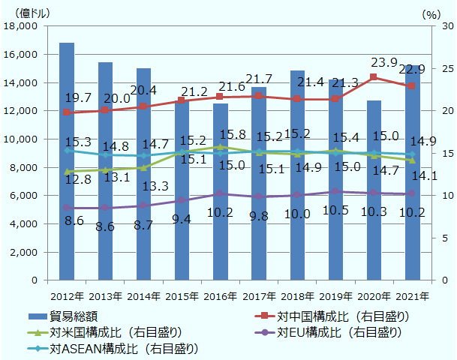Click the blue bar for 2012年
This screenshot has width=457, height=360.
point(67,161)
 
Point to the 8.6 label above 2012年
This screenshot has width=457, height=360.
point(74,220)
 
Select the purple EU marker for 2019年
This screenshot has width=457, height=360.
point(335,191)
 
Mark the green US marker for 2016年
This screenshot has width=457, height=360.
point(221,147)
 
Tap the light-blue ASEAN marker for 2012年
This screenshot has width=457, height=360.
point(67,151)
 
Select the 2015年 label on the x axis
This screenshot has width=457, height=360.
point(182,295)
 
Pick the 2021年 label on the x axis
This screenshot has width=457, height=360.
point(413,295)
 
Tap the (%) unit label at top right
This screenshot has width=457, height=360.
point(432,13)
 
